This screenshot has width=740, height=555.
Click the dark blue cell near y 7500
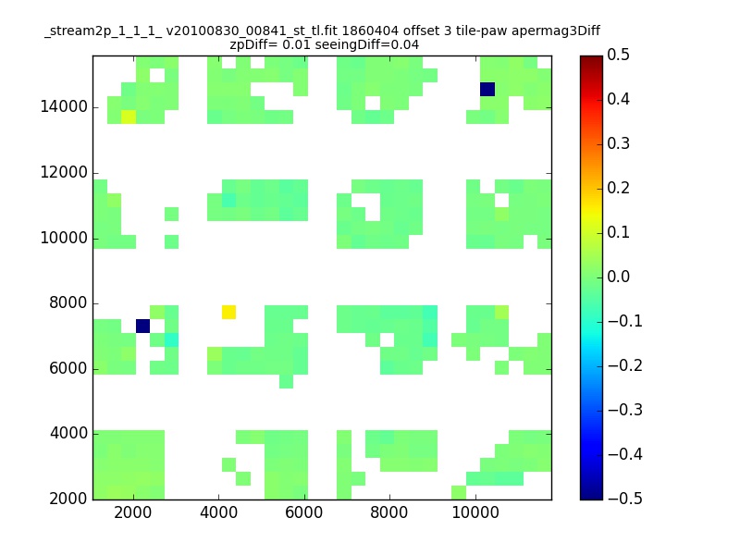[x=143, y=327]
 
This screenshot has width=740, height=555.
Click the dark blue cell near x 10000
[x=487, y=89]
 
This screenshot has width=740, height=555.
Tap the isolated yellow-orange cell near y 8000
[x=228, y=312]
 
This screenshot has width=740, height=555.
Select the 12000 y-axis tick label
[x=64, y=173]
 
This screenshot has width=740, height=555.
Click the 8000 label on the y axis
[x=68, y=303]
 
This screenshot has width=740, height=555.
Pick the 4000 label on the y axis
[x=68, y=433]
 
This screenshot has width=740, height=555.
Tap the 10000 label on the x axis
[x=475, y=512]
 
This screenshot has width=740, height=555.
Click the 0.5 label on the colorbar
[x=618, y=55]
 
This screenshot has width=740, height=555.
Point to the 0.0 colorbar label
[x=618, y=277]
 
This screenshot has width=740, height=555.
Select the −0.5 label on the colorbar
[x=625, y=499]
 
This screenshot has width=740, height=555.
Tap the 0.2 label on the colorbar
[x=618, y=188]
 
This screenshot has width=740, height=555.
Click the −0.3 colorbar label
[x=625, y=410]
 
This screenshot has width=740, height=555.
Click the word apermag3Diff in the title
[x=556, y=31]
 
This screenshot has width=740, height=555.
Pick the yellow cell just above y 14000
[x=129, y=117]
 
